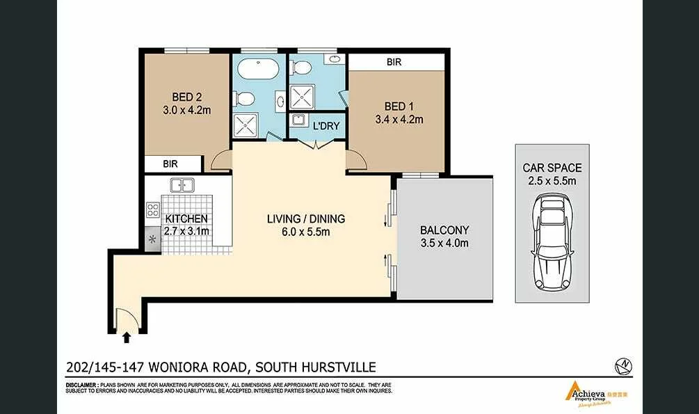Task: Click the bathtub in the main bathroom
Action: click(x=258, y=70)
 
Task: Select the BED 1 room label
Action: click(x=399, y=106)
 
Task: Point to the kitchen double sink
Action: click(x=182, y=186)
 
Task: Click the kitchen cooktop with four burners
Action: click(x=153, y=210)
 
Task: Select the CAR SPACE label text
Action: click(x=552, y=168)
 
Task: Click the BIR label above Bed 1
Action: click(x=394, y=62)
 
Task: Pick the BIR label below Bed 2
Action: click(x=170, y=164)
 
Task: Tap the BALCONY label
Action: click(x=444, y=230)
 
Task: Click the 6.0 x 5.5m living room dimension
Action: click(x=306, y=232)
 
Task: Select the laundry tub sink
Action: click(x=298, y=120)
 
